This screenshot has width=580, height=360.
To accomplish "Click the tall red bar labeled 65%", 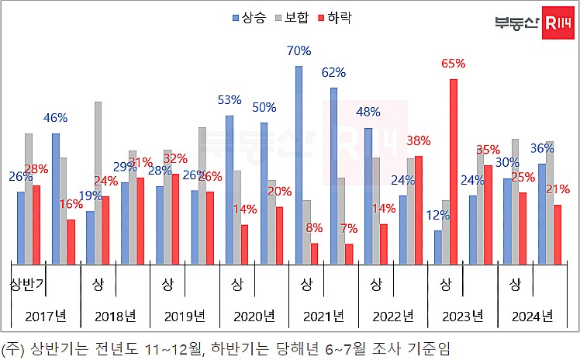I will click(x=454, y=171).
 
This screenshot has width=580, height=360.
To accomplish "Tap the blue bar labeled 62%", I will click(x=333, y=175).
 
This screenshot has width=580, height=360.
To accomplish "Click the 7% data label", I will click(x=348, y=228).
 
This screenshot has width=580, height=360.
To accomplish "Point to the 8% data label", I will click(x=314, y=227).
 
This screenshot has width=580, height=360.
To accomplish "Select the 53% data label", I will click(x=229, y=100).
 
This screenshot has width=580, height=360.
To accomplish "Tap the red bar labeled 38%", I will click(x=419, y=209).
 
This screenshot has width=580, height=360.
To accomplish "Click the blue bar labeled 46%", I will click(x=56, y=198).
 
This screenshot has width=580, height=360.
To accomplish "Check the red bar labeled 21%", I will click(x=558, y=234).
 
